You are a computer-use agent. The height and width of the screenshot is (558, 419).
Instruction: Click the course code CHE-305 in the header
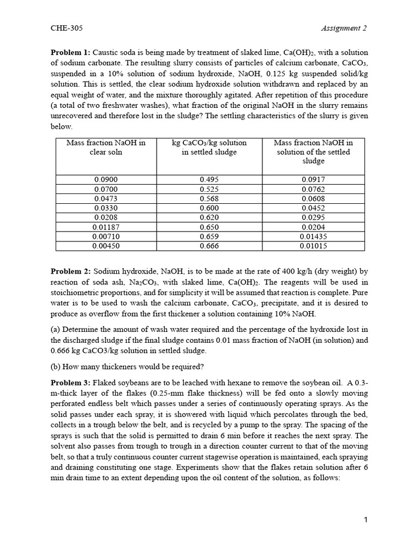62,28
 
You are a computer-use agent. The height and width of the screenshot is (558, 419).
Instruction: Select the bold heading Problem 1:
70,52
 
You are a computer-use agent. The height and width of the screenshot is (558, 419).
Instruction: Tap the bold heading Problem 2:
70,271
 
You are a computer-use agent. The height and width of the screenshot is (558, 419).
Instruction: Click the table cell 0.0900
106,179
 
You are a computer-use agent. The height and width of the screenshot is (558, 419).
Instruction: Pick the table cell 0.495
209,179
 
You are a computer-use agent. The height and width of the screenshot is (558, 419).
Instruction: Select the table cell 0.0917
313,179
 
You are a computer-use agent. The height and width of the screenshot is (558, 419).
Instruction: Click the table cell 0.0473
106,198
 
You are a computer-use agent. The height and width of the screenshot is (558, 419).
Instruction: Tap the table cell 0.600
209,208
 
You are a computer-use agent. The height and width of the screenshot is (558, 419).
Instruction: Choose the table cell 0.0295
313,217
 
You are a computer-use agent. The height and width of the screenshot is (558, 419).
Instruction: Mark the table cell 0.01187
106,227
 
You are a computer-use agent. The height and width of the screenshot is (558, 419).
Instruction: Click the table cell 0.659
209,236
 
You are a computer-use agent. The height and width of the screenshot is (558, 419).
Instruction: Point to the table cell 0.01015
313,246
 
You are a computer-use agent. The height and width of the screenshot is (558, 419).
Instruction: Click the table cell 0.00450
106,246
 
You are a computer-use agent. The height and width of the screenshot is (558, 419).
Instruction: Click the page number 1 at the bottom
366,520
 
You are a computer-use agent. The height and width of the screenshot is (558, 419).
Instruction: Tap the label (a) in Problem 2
56,329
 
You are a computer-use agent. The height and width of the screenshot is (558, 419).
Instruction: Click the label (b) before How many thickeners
56,366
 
